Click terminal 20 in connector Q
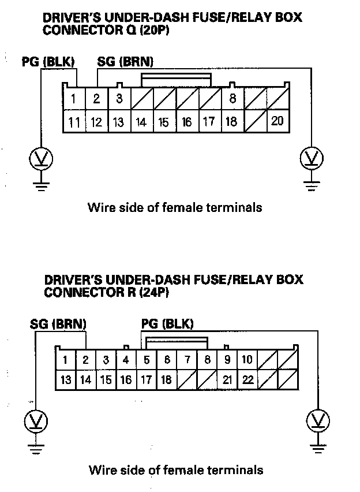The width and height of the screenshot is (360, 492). pyautogui.click(x=277, y=121)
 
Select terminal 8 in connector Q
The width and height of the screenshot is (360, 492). pyautogui.click(x=232, y=99)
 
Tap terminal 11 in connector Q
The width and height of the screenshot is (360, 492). pyautogui.click(x=74, y=122)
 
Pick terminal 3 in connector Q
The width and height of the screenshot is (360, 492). pyautogui.click(x=119, y=99)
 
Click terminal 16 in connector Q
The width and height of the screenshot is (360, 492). pyautogui.click(x=187, y=122)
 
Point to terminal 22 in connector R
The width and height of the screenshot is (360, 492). pyautogui.click(x=247, y=379)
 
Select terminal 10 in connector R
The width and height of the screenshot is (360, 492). pyautogui.click(x=247, y=360)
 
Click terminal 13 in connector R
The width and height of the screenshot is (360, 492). pyautogui.click(x=66, y=379)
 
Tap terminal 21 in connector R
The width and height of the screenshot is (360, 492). pyautogui.click(x=227, y=379)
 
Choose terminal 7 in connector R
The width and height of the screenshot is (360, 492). pyautogui.click(x=187, y=360)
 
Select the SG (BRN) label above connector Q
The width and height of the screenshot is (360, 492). pyautogui.click(x=125, y=61)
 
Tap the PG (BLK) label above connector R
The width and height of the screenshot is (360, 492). pyautogui.click(x=167, y=323)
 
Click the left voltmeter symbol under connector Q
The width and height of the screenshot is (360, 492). pyautogui.click(x=41, y=158)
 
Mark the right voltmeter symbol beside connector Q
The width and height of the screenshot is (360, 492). pyautogui.click(x=312, y=158)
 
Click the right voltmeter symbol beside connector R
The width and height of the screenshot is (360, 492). pyautogui.click(x=317, y=420)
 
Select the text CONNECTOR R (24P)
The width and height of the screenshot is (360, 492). pyautogui.click(x=107, y=292)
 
